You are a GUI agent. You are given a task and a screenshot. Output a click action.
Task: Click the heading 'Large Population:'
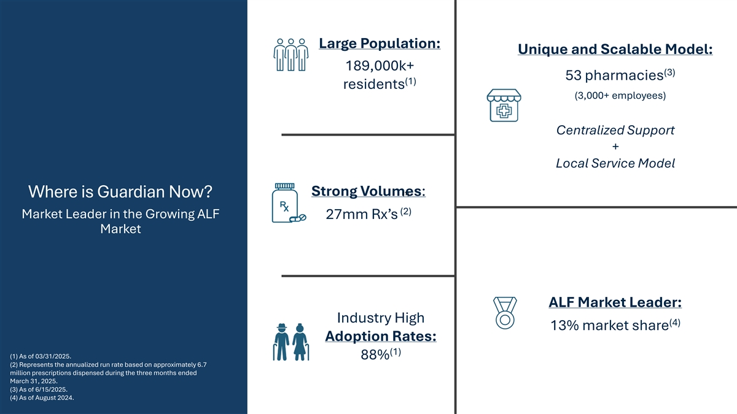380,44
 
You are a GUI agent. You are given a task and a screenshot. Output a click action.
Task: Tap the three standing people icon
291,55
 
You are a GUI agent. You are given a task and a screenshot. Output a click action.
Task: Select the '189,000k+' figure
380,66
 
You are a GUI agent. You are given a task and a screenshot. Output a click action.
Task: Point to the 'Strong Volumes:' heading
368,191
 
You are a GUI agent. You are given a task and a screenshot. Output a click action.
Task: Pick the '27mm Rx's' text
362,214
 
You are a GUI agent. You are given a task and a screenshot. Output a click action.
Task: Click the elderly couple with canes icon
291,342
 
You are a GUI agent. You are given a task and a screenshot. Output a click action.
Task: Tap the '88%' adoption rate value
375,355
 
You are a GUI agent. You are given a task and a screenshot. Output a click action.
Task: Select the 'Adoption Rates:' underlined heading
381,336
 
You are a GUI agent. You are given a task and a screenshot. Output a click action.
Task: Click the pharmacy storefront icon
504,105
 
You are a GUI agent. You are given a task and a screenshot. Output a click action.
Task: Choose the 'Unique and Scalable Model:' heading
615,49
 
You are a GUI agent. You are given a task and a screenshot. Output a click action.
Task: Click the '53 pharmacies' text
614,75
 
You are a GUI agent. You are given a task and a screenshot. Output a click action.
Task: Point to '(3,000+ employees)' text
620,96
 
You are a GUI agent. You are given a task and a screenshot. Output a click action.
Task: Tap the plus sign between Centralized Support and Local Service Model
615,147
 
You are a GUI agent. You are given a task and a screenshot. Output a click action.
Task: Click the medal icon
505,313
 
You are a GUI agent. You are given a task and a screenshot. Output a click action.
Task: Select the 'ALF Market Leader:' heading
615,302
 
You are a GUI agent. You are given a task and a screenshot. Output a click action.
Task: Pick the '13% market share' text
610,326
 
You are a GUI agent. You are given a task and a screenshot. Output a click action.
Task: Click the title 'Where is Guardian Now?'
120,191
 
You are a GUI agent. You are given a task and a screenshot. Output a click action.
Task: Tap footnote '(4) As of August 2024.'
42,398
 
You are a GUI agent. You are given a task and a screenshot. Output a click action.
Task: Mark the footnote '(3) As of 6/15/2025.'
39,389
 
